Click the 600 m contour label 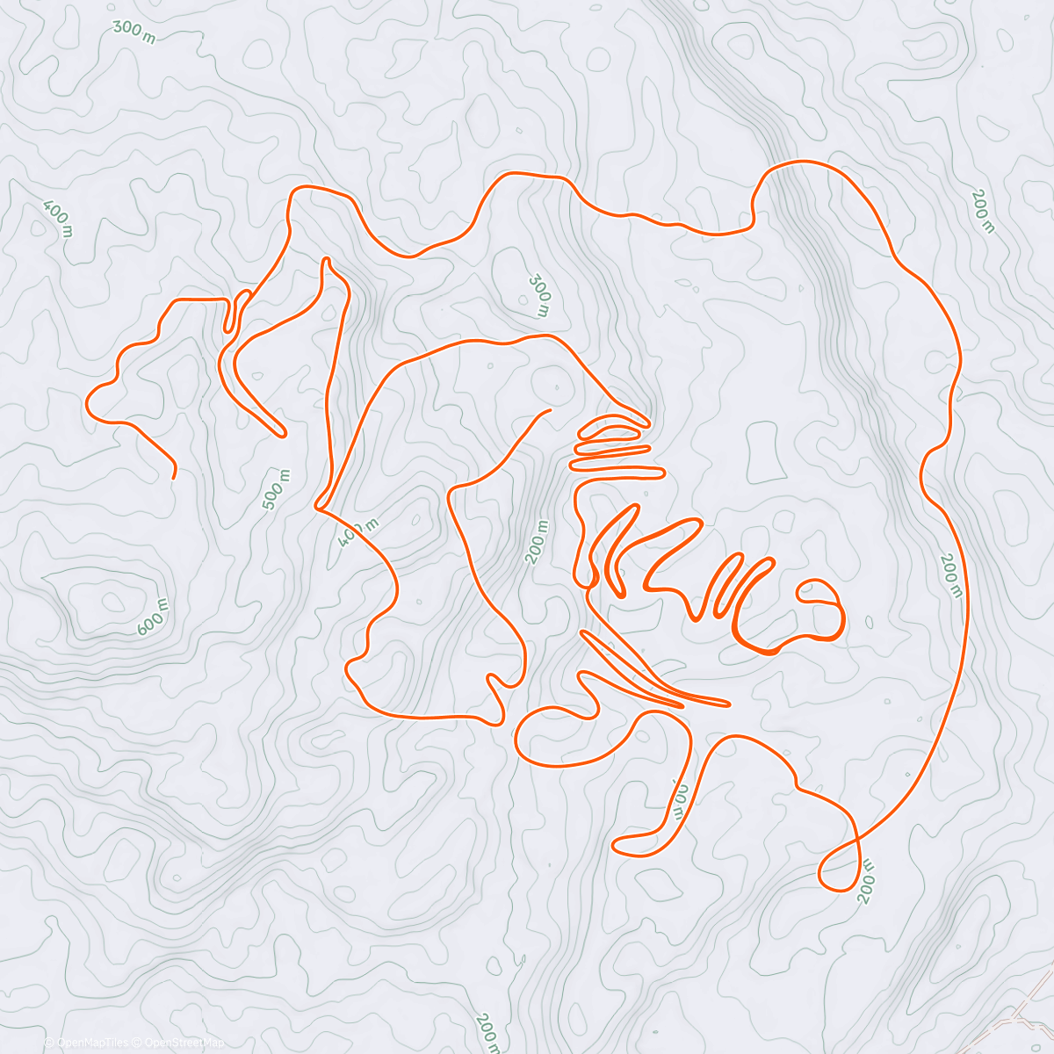tap(153, 617)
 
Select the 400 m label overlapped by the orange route tap(357, 531)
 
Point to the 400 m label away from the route tap(57, 218)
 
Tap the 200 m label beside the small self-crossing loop tap(865, 869)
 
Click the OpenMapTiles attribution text tap(92, 1043)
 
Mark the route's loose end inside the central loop tap(549, 410)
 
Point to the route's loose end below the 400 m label tap(174, 476)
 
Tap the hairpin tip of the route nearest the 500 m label tap(281, 433)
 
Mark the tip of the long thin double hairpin tap(727, 703)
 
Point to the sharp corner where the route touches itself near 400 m tap(317, 507)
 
